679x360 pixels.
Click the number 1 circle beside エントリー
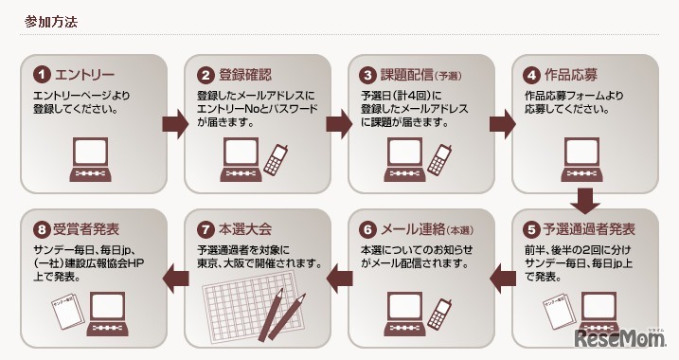coord(42,74)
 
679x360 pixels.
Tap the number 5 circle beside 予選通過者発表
coord(532,230)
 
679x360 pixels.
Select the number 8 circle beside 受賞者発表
coord(42,230)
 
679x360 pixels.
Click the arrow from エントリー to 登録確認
coord(176,124)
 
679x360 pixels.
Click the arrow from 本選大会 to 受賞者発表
coord(176,277)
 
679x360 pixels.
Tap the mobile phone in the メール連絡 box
coord(440,312)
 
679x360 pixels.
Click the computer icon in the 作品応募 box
coord(585,160)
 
